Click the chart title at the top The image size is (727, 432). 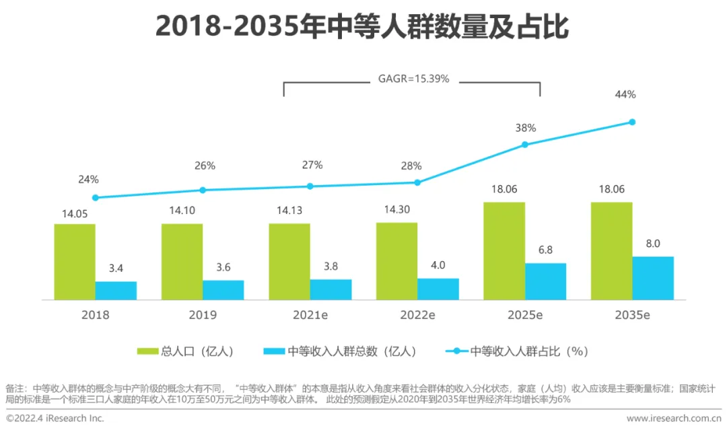pyautogui.click(x=363, y=27)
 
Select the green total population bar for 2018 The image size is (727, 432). pyautogui.click(x=75, y=261)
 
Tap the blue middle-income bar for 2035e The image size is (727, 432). pyautogui.click(x=653, y=277)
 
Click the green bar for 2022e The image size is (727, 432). pyautogui.click(x=396, y=260)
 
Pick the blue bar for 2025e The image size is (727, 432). pyautogui.click(x=545, y=281)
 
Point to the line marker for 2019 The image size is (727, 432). pyautogui.click(x=203, y=190)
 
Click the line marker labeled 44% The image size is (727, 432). pyautogui.click(x=632, y=122)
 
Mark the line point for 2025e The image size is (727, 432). pyautogui.click(x=525, y=145)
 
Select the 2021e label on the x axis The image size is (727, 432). pyautogui.click(x=310, y=314)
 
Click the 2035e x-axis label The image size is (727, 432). pyautogui.click(x=632, y=314)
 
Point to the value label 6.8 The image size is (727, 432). pyautogui.click(x=546, y=250)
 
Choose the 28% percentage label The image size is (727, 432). pyautogui.click(x=412, y=166)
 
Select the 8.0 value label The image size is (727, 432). pyautogui.click(x=653, y=244)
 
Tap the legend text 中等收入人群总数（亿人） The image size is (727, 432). pyautogui.click(x=351, y=351)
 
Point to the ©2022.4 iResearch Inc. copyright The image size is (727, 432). pyautogui.click(x=55, y=419)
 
